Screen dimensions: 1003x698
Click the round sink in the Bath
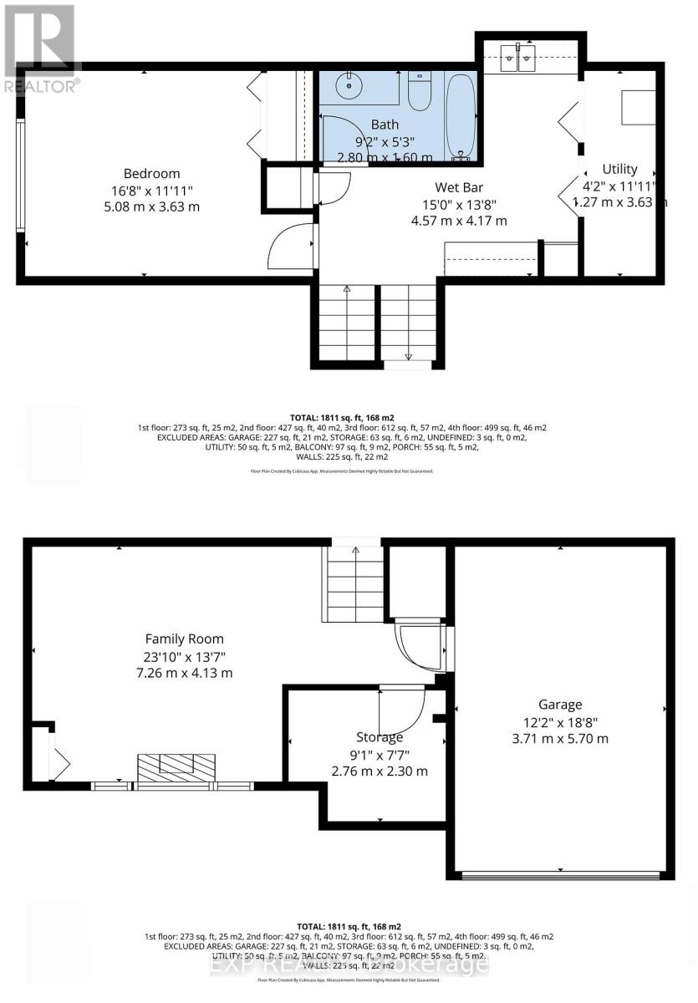point(347,84)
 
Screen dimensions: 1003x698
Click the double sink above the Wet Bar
point(517,59)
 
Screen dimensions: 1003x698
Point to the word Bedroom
point(151,173)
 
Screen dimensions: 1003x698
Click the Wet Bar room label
point(459,187)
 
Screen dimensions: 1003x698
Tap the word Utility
point(619,169)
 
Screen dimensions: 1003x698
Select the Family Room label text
point(183,639)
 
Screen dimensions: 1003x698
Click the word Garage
point(560,705)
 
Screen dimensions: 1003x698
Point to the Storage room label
point(380,737)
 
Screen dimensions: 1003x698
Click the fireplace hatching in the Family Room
point(176,766)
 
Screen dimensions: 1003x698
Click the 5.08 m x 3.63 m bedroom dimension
point(151,206)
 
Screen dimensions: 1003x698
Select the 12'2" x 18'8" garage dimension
point(560,721)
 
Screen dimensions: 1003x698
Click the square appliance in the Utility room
point(639,107)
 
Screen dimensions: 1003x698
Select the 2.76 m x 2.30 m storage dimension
point(380,771)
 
